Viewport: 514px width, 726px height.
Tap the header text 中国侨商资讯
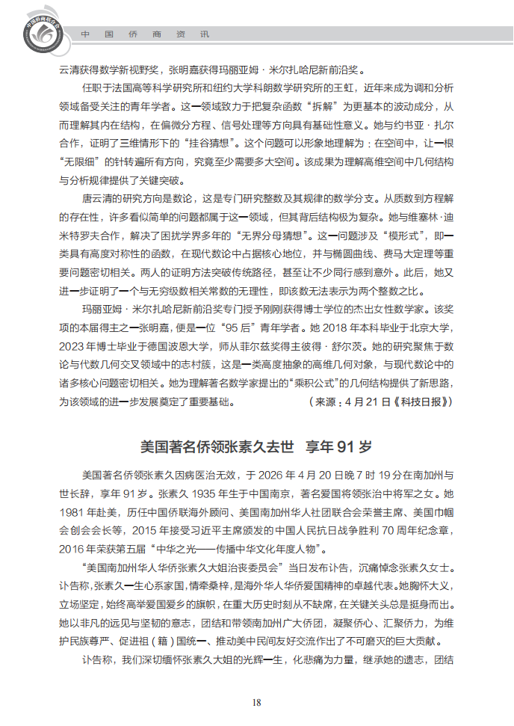(145, 34)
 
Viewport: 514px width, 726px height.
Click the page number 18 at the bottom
(256, 701)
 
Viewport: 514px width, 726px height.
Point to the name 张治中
(367, 493)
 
